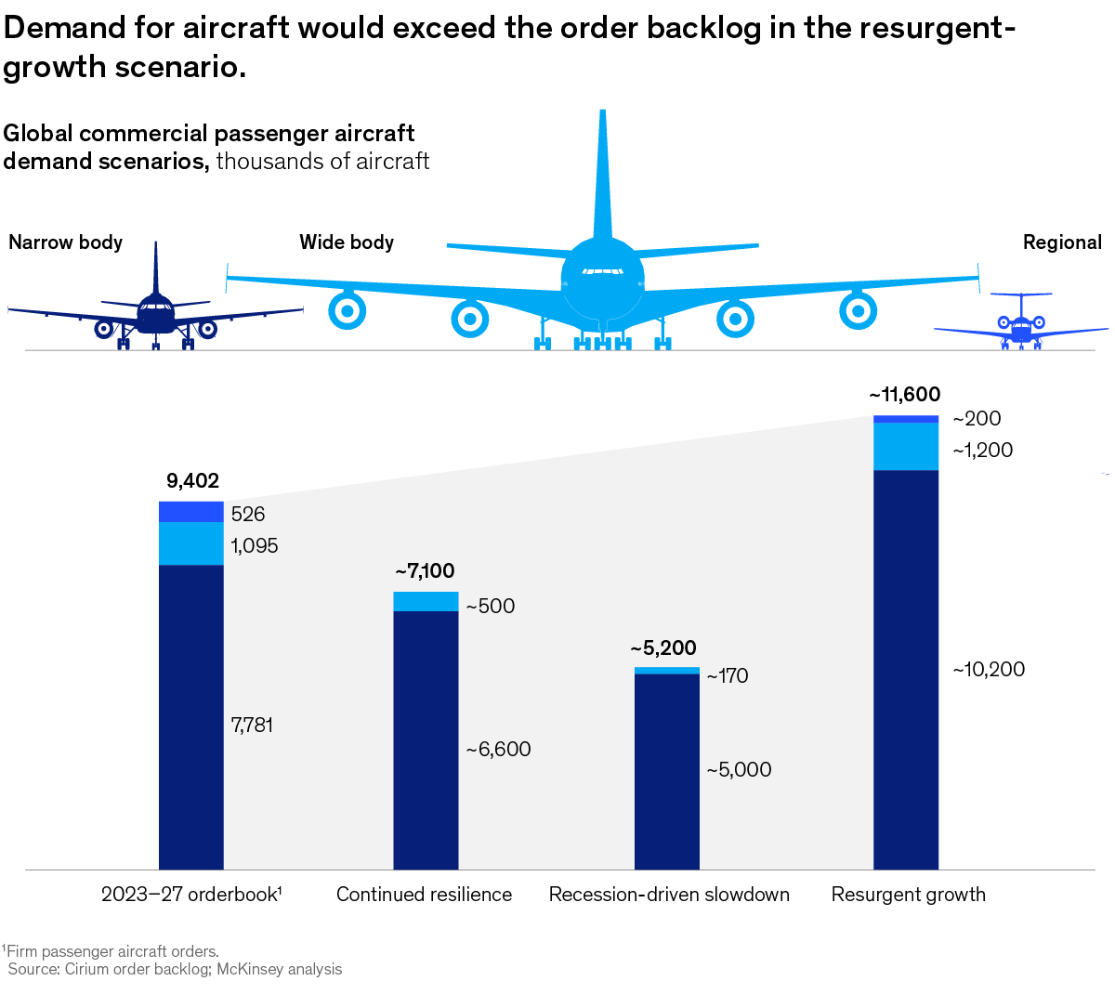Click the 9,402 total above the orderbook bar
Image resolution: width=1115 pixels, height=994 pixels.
(192, 480)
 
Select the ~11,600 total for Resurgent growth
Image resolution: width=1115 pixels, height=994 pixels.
(905, 395)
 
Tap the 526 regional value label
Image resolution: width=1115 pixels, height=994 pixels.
(248, 514)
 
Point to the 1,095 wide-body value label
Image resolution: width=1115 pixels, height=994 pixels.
(255, 545)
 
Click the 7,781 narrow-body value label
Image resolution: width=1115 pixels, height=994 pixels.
(252, 725)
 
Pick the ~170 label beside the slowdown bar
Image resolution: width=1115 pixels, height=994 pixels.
(728, 675)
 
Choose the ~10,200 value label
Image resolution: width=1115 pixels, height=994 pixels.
(989, 669)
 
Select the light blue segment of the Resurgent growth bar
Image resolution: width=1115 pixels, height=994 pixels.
(906, 446)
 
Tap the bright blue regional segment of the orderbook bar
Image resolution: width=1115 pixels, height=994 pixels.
(191, 512)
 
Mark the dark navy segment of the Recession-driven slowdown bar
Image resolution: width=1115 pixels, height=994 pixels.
(666, 771)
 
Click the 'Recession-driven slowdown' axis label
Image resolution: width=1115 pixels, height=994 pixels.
(669, 894)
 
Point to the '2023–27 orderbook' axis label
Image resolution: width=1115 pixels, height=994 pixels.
(191, 894)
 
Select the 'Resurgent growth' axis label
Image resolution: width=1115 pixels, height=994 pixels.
(908, 894)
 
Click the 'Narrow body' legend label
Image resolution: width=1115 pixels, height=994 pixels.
(66, 242)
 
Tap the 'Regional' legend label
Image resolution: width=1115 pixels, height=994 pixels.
(1062, 242)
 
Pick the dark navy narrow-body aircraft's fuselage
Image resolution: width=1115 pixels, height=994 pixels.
(155, 313)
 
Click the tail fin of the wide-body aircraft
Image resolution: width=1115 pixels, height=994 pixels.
(603, 177)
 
